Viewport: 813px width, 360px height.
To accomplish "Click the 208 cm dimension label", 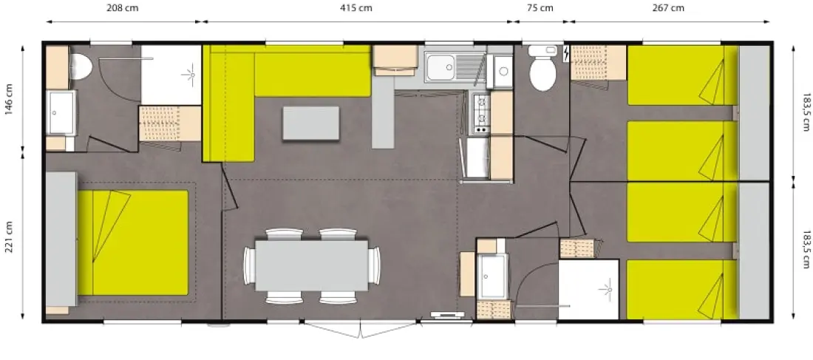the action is point(123,8).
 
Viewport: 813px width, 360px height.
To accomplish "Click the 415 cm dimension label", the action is point(356,8).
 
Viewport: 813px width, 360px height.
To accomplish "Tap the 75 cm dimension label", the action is point(540,8).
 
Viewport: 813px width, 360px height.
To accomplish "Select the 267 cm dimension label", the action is point(668,8).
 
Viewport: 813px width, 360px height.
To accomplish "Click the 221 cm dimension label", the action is point(10,237).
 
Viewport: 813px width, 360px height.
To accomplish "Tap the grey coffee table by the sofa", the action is point(311,123).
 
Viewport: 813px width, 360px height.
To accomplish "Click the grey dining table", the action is point(312,265).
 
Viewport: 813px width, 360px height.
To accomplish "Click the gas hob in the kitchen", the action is point(480,114).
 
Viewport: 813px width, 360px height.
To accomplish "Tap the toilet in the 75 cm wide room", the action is point(542,68).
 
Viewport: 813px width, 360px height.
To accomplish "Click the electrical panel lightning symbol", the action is point(566,53).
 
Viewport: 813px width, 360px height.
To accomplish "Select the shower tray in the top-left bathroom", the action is point(171,75).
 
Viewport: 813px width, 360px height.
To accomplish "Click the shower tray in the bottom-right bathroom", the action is point(589,290).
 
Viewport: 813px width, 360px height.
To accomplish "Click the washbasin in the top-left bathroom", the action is point(61,113).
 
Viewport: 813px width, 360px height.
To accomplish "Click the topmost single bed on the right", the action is point(682,75).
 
